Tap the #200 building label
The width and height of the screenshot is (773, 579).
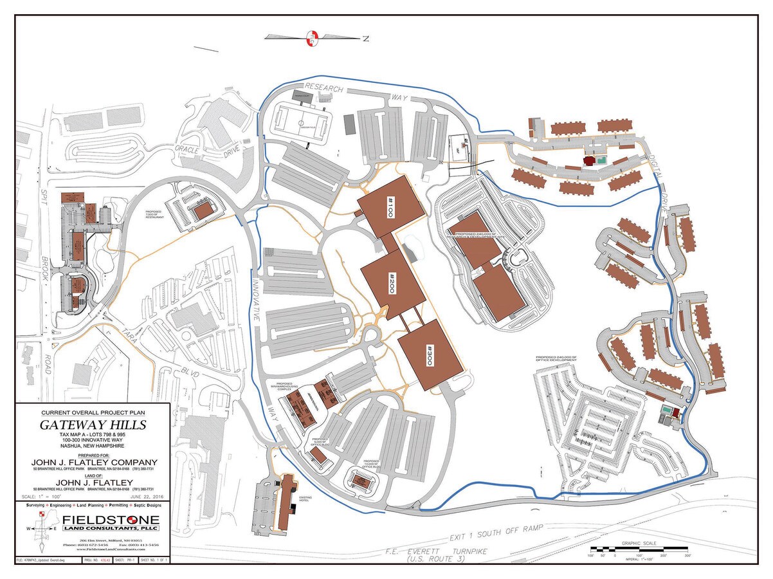click(391, 283)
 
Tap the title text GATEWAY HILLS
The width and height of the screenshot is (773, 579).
click(93, 425)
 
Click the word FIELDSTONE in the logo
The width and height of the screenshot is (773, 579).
click(111, 520)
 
